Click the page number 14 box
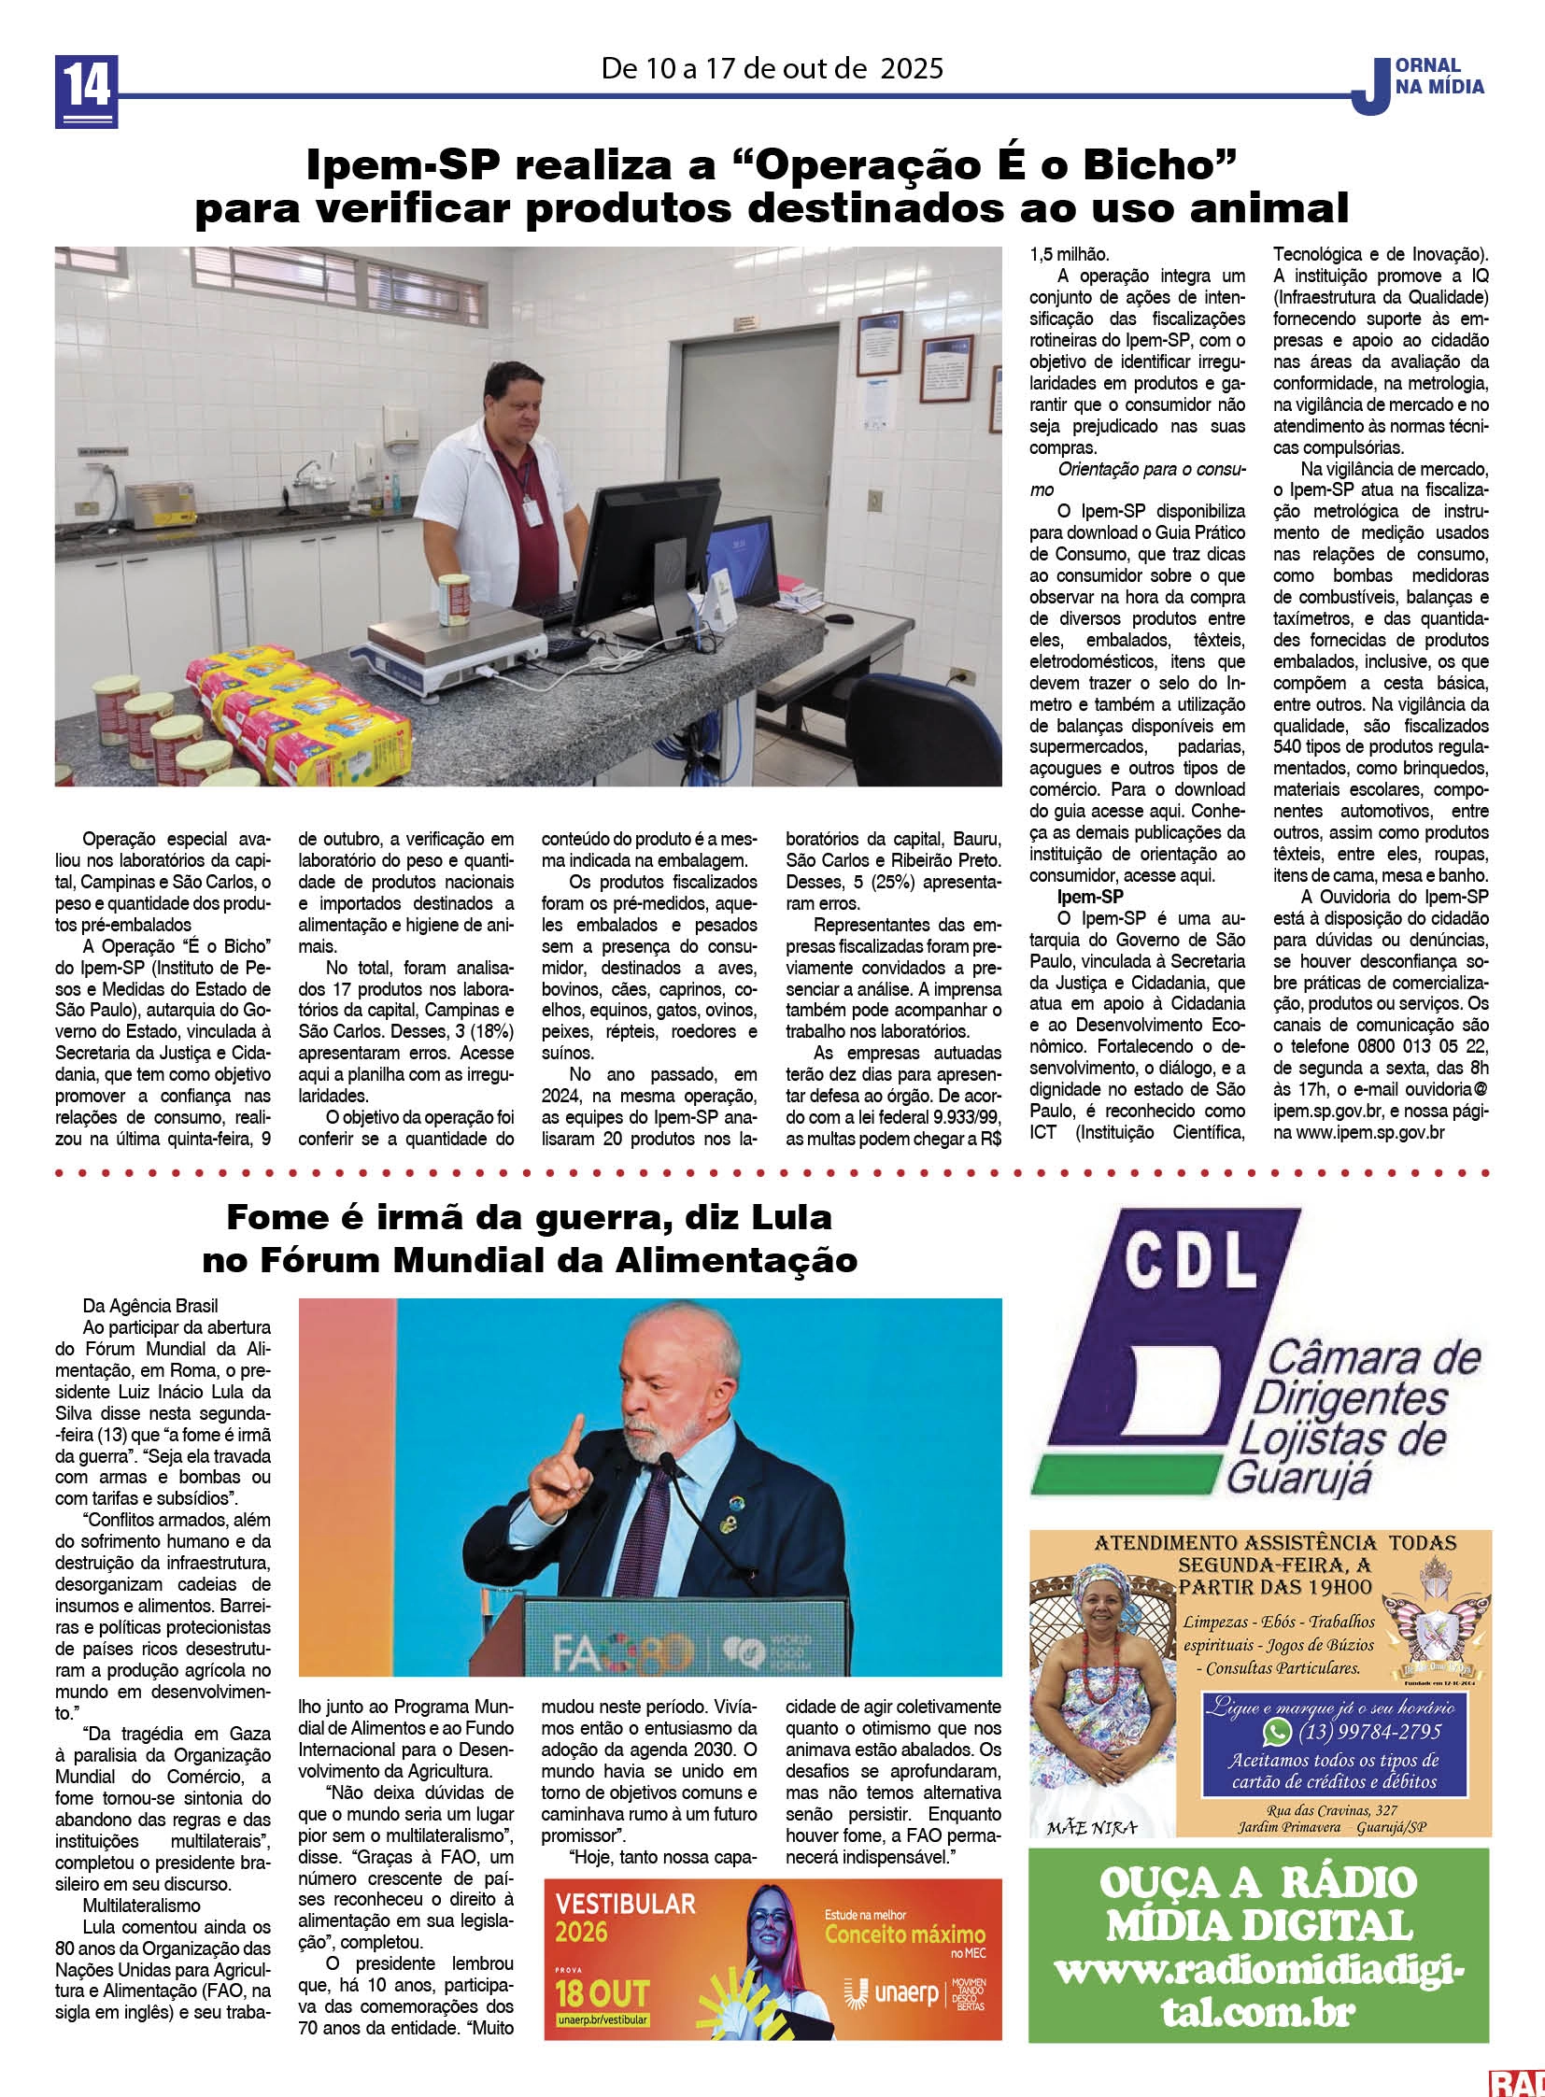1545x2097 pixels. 86,91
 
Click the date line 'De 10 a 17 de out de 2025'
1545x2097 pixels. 772,68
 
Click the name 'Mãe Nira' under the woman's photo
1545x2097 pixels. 1091,1828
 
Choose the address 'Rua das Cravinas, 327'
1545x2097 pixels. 1332,1811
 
